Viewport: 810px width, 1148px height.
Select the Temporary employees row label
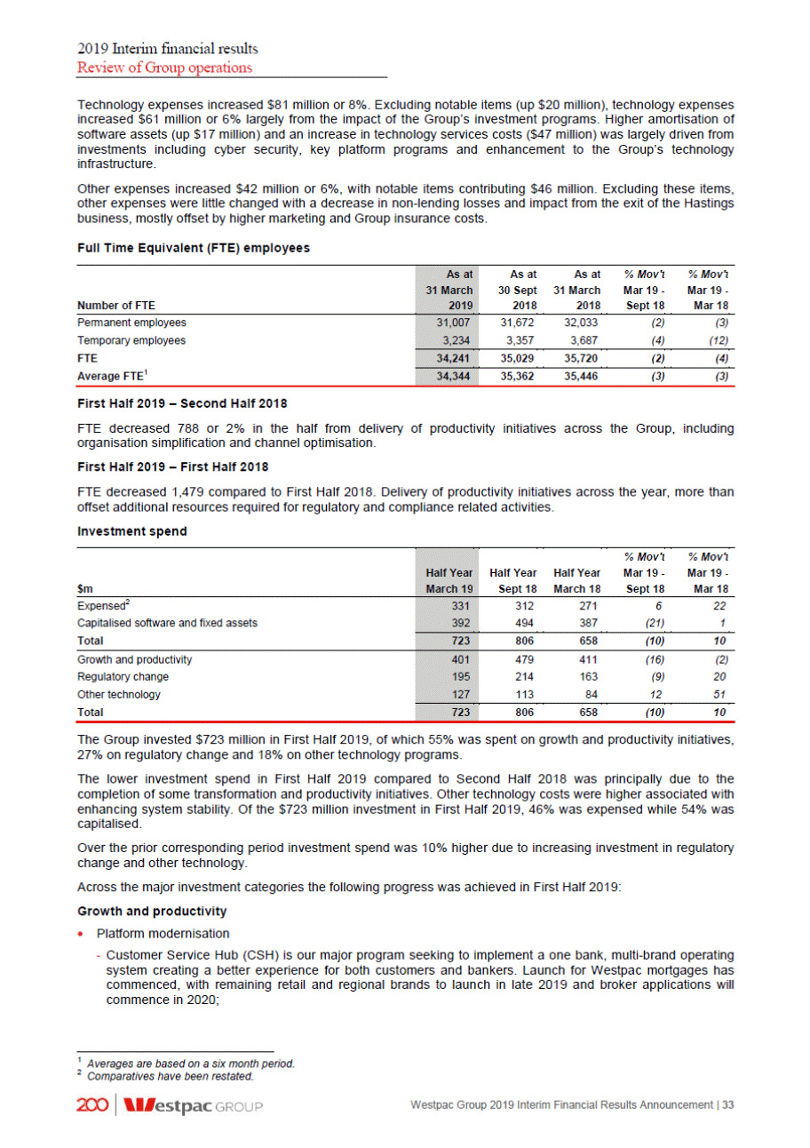[x=132, y=339]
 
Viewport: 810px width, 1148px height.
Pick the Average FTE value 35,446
[x=584, y=378]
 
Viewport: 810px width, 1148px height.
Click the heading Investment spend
[x=123, y=536]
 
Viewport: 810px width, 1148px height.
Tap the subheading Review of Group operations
[x=165, y=68]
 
